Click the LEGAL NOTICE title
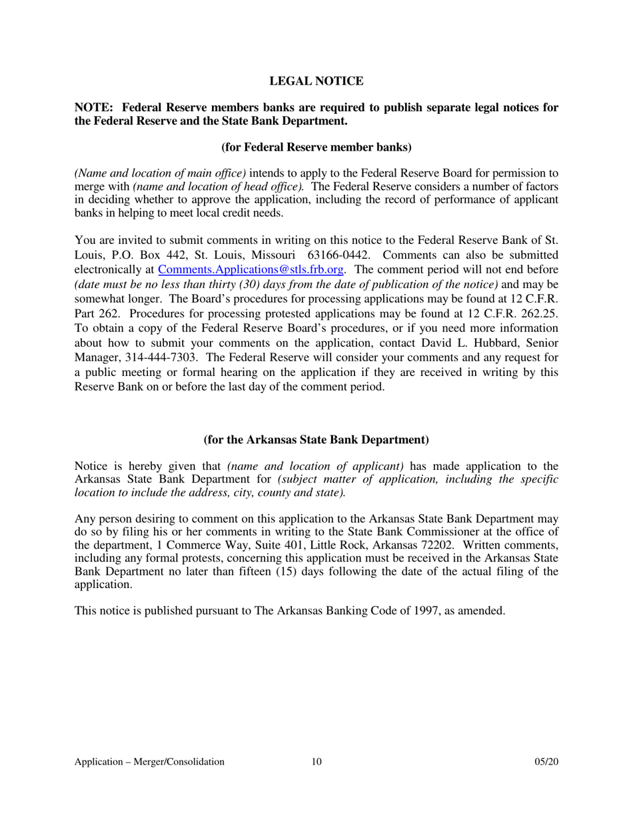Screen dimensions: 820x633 (x=316, y=81)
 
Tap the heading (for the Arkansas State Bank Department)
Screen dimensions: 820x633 (x=316, y=439)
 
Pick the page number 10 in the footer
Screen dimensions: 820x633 (x=316, y=762)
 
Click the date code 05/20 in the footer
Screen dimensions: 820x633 (x=546, y=762)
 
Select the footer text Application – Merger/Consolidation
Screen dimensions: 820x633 (x=149, y=762)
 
